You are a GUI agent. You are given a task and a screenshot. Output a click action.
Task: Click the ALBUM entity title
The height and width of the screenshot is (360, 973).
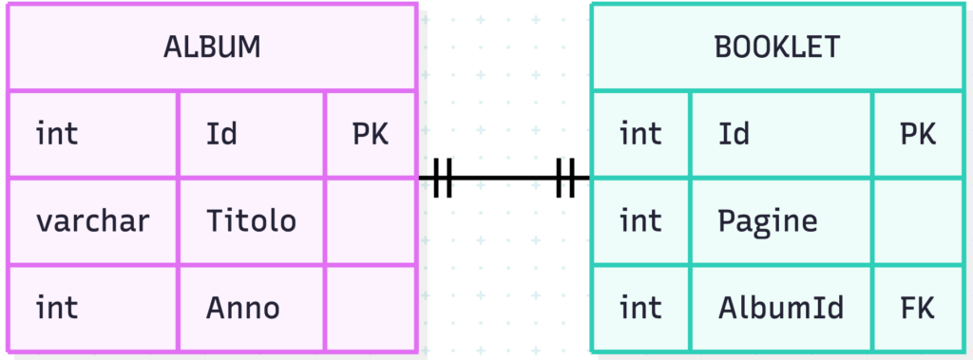[x=212, y=47]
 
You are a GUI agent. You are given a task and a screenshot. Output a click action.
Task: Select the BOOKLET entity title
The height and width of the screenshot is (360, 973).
[x=777, y=47]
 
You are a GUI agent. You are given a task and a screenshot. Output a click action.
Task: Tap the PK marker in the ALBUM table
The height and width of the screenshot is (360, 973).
[x=371, y=134]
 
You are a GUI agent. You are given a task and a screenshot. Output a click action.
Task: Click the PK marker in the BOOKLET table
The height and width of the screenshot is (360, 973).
[x=918, y=134]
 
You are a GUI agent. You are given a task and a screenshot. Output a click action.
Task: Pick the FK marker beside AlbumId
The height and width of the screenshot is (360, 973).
[x=918, y=308]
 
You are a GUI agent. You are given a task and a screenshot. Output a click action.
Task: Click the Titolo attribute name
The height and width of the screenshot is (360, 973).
[x=251, y=221]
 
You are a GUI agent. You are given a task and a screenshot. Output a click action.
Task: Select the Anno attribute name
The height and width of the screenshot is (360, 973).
[x=242, y=308]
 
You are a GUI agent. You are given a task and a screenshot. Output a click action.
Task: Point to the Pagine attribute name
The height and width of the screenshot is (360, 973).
[x=768, y=221]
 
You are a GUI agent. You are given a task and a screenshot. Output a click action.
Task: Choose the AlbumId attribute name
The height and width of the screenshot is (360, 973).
[x=781, y=308]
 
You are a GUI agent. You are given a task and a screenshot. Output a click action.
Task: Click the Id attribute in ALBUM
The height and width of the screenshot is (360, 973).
[x=221, y=134]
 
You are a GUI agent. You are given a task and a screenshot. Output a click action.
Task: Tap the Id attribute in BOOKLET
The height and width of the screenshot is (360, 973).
[x=735, y=134]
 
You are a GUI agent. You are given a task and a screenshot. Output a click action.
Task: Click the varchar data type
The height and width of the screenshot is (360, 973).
[x=92, y=221]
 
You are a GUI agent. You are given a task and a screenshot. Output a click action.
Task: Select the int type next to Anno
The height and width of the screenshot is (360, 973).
[x=57, y=308]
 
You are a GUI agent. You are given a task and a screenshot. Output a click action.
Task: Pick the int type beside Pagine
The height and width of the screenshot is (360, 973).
[x=640, y=221]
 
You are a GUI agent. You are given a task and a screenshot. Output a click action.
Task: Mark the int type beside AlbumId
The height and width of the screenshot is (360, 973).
[x=640, y=308]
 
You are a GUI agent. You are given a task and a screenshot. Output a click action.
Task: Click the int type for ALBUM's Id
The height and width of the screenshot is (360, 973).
[x=57, y=134]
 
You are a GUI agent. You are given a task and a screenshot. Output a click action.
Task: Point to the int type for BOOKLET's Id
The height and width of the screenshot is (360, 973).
[x=640, y=134]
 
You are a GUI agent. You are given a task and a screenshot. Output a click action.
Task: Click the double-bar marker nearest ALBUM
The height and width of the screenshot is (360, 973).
[x=443, y=179]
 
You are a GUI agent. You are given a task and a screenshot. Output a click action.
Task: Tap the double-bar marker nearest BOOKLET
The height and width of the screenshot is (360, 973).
[x=565, y=179]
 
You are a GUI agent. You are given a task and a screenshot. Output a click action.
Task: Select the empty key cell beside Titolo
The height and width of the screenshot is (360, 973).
[x=372, y=221]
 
